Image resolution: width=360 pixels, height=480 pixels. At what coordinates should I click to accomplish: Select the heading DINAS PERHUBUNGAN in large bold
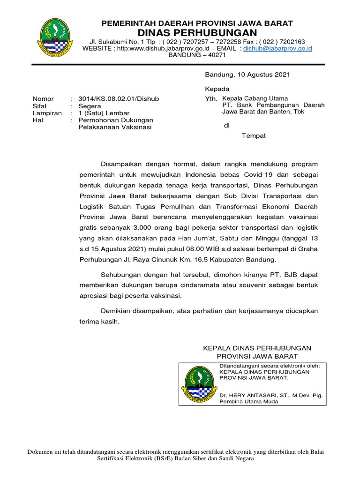pyautogui.click(x=197, y=32)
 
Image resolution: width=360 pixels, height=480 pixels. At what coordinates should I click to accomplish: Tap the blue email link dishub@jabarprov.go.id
pyautogui.click(x=278, y=48)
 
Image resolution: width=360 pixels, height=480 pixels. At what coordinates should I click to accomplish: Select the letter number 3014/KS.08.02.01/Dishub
pyautogui.click(x=119, y=99)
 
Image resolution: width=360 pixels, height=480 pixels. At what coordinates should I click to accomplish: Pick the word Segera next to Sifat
pyautogui.click(x=90, y=106)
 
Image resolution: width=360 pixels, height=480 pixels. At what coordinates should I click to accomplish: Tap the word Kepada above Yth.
pyautogui.click(x=217, y=89)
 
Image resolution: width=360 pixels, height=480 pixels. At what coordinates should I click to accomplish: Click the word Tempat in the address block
pyautogui.click(x=254, y=136)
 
